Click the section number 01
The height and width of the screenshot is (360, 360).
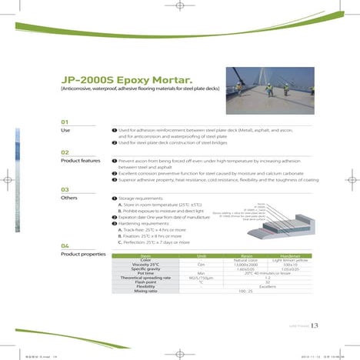pos(65,122)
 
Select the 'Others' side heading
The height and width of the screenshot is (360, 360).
pos(69,198)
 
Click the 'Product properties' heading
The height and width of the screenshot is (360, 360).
pos(83,254)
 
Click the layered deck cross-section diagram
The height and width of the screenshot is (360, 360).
pos(277,215)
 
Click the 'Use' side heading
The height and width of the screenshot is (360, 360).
pos(65,131)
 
